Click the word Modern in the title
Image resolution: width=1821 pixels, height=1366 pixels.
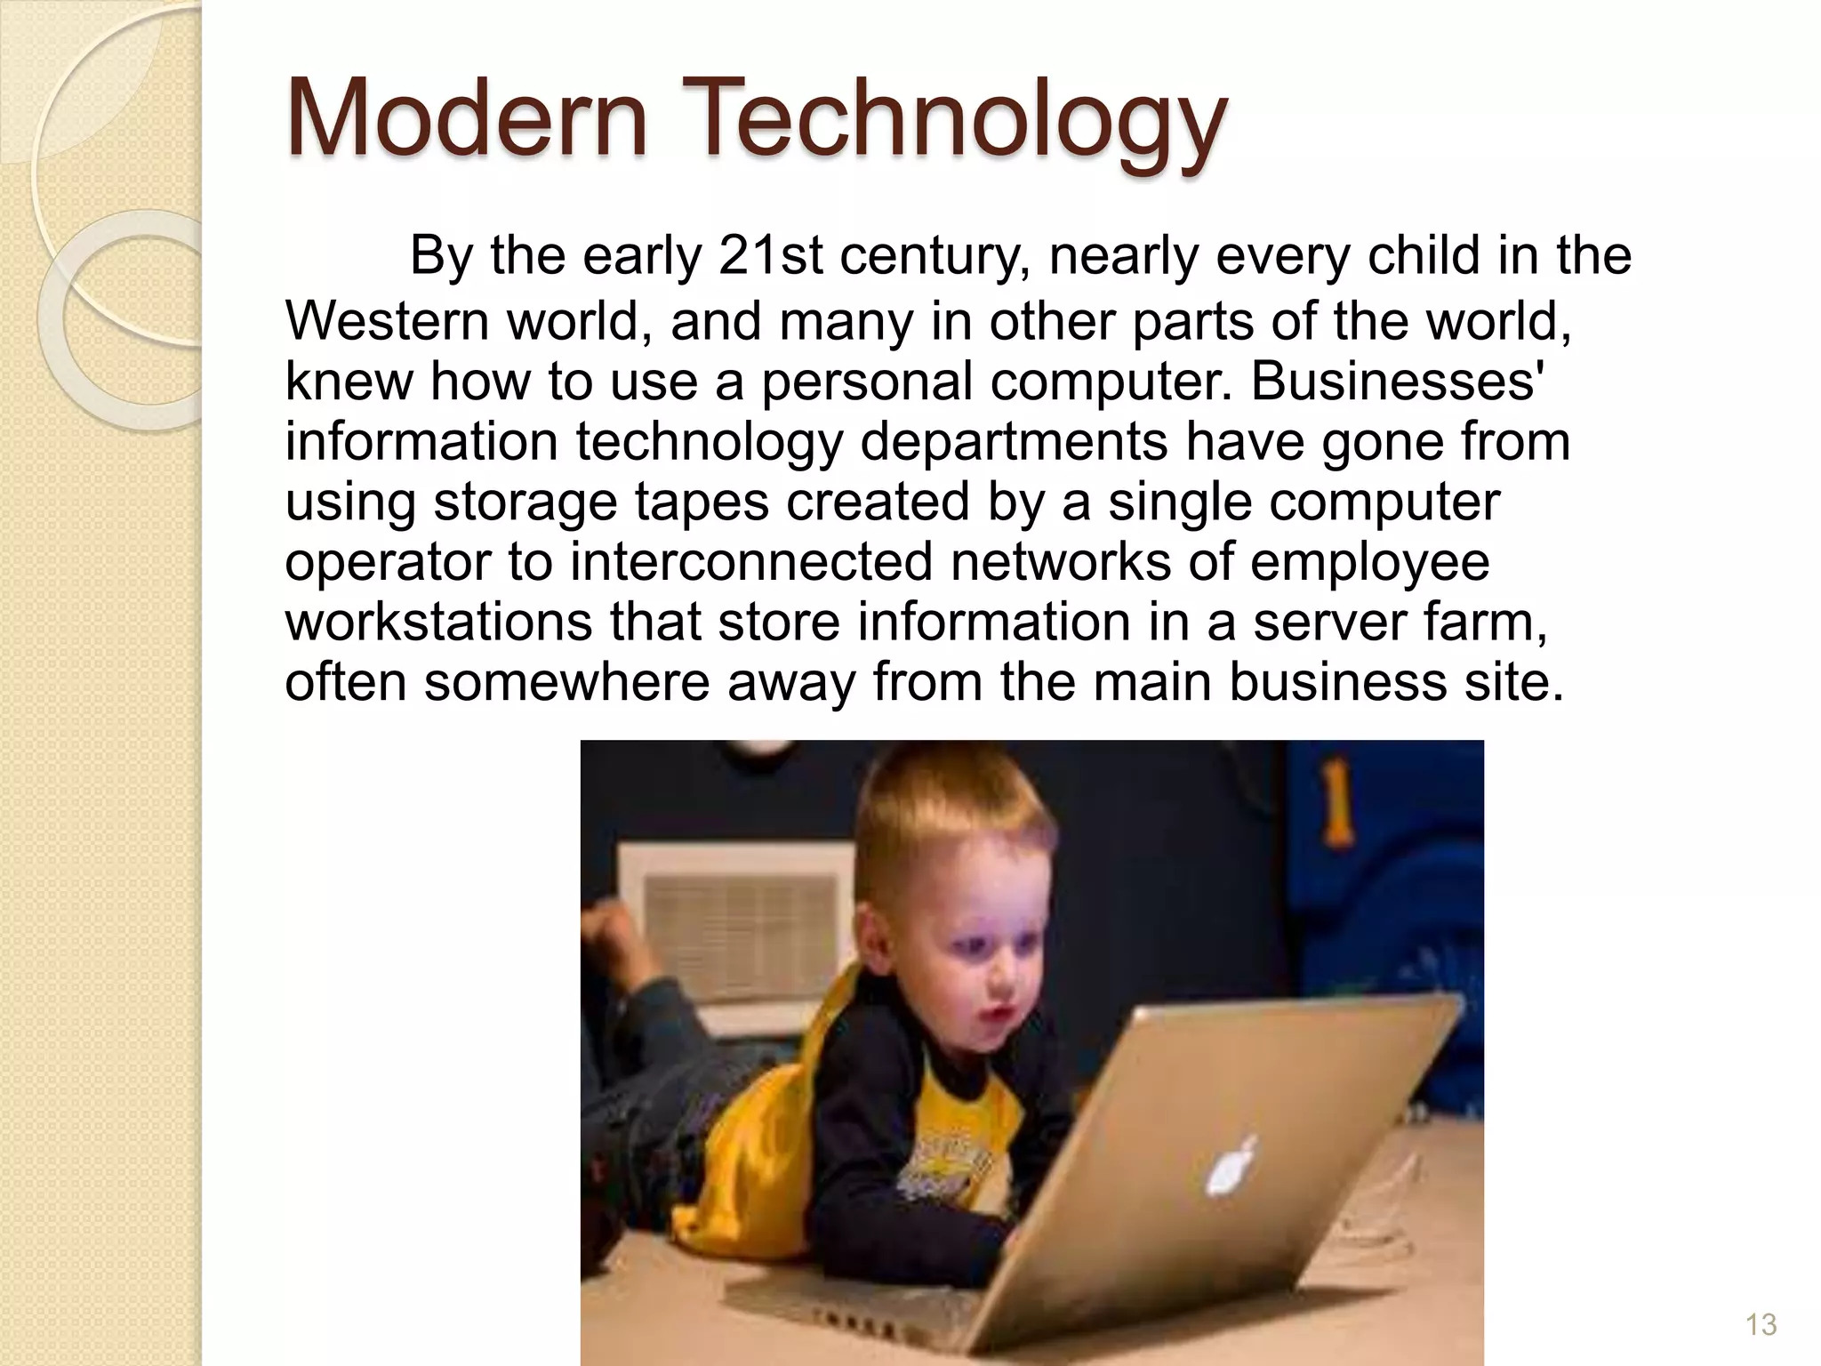(467, 118)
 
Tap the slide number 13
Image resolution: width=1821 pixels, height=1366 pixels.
(1761, 1324)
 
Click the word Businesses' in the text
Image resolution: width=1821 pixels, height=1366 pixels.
(1397, 381)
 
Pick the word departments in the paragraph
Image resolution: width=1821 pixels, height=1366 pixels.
(1014, 442)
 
